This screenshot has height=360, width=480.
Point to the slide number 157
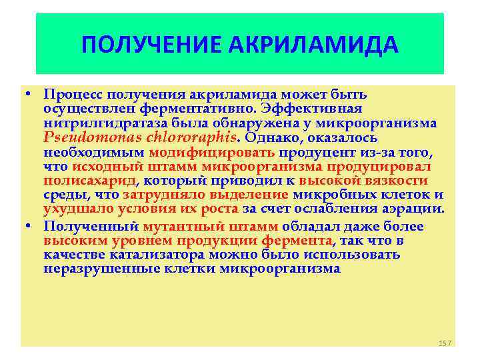click(445, 343)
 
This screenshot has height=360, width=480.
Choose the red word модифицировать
click(205, 152)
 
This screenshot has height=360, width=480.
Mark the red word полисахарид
click(89, 181)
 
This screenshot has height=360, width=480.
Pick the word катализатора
click(156, 255)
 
